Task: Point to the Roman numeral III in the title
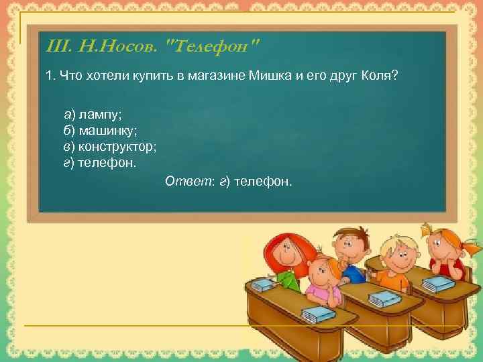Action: coord(60,47)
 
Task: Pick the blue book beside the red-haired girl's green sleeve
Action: coord(264,285)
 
